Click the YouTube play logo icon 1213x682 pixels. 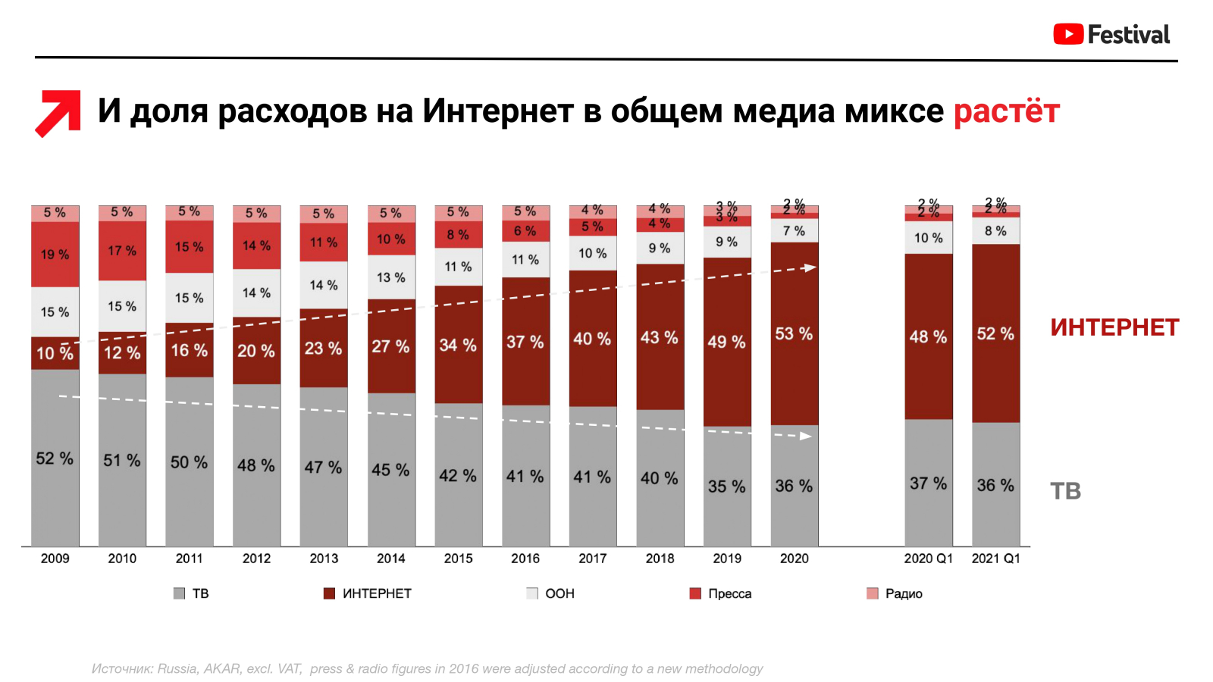[1068, 34]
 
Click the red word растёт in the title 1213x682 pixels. [1006, 111]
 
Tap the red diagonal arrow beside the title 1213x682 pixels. [58, 113]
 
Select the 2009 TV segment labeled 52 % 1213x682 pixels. [55, 458]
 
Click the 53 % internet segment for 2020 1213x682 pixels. [794, 333]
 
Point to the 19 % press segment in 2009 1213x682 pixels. [55, 255]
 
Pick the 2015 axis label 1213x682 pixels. [458, 558]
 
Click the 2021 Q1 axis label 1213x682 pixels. [995, 558]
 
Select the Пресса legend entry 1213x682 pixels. [721, 593]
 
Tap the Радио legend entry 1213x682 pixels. [895, 593]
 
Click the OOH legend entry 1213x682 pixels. [551, 593]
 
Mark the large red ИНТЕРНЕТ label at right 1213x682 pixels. [1114, 327]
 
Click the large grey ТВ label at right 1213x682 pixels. [1065, 491]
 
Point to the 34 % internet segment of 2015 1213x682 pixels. [458, 345]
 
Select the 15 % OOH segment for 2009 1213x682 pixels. [55, 311]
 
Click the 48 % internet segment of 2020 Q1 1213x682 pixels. [928, 336]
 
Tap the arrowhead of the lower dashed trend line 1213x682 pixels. [806, 436]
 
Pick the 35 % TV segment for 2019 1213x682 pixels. [726, 486]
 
